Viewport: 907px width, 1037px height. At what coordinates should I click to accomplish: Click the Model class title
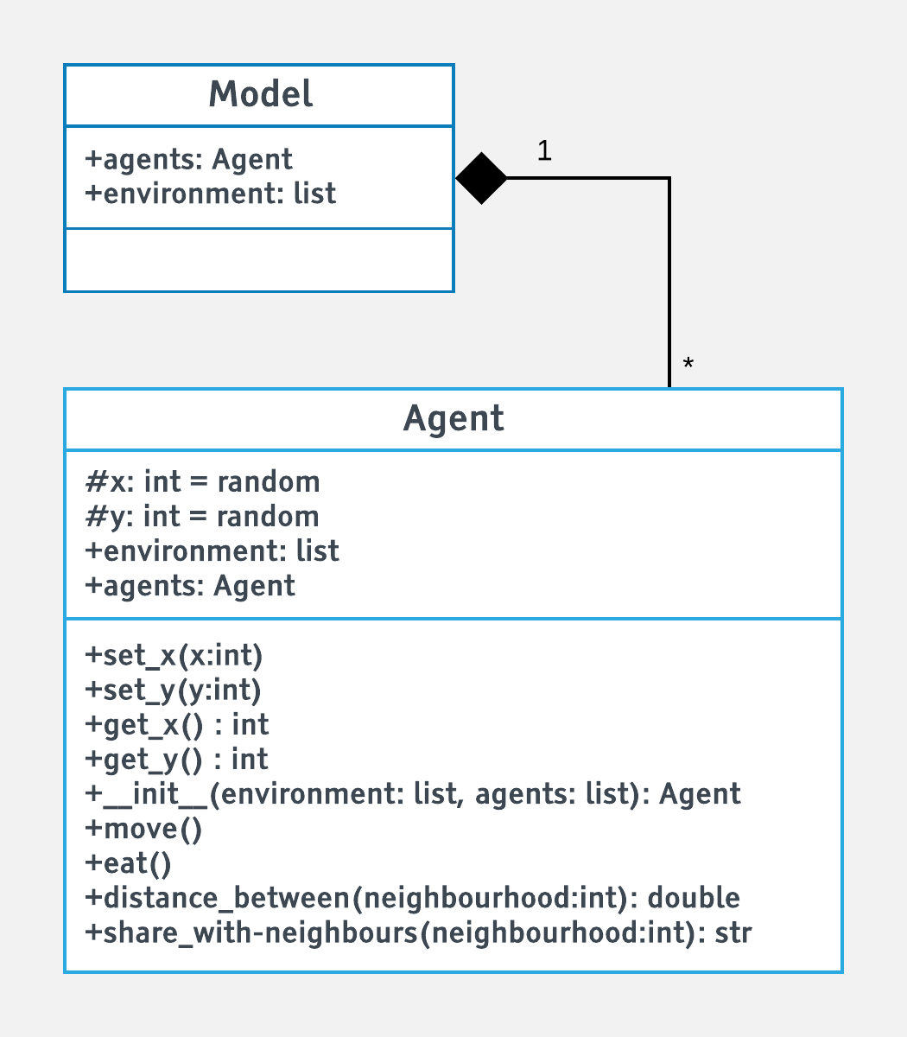260,94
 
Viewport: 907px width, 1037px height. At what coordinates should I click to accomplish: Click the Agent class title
453,418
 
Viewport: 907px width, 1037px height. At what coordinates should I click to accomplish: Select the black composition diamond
481,178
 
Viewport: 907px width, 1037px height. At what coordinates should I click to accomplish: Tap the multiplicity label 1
544,151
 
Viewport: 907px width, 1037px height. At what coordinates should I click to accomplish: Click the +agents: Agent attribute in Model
189,159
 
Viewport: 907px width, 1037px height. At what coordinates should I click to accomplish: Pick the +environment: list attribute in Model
211,193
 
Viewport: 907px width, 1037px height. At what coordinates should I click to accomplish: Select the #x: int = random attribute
202,481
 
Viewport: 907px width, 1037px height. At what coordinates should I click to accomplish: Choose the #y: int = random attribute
202,516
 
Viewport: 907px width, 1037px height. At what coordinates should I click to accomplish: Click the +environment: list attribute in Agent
212,550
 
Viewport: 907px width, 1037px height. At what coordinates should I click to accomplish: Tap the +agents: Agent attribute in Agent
190,585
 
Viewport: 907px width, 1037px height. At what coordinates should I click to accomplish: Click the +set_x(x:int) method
174,656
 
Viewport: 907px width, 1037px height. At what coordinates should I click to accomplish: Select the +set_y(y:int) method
174,690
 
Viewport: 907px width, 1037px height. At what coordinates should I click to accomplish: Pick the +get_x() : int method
177,724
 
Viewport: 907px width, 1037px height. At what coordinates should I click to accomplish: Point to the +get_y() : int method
177,759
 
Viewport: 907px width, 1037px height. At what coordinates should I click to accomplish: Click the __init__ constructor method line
413,793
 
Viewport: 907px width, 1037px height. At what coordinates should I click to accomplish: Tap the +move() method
143,829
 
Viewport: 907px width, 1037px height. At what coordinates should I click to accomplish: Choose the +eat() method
129,863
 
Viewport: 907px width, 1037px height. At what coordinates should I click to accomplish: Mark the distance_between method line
413,898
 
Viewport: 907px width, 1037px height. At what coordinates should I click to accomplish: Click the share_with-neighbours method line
419,933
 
